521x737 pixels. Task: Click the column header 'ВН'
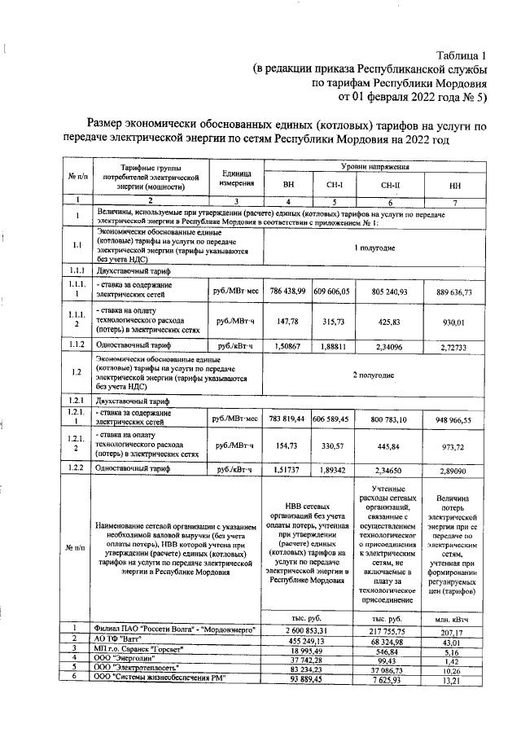tap(288, 185)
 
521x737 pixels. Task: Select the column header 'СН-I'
tap(334, 185)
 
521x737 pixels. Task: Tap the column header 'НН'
tap(455, 185)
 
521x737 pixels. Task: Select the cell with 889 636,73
tap(455, 291)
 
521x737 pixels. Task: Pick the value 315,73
tap(334, 322)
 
